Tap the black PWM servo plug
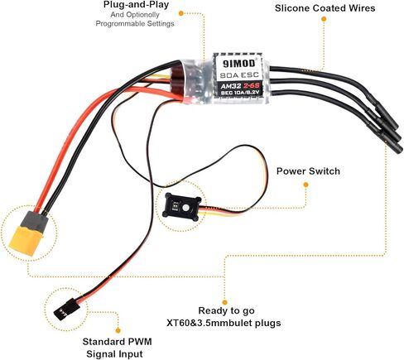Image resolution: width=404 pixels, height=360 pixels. [x=66, y=310]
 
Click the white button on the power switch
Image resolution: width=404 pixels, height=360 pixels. [x=186, y=208]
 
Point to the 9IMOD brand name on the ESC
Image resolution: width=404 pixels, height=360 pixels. [x=239, y=63]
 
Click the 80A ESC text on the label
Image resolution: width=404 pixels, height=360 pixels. [x=239, y=75]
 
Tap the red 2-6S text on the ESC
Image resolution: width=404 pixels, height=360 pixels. [x=250, y=85]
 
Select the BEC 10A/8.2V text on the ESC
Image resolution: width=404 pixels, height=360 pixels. [x=240, y=93]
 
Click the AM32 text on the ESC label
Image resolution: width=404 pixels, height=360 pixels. [x=229, y=86]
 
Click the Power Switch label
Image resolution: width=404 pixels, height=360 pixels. [x=308, y=171]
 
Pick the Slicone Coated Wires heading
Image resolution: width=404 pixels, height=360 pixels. [x=325, y=8]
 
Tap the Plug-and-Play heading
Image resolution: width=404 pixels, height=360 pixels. [x=136, y=5]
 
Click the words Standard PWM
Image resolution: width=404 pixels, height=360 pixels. [x=117, y=342]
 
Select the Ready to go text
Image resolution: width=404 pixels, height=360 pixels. [x=227, y=311]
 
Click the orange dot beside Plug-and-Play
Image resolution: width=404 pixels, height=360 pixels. [x=181, y=13]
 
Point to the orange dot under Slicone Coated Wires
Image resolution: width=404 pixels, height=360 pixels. [x=324, y=19]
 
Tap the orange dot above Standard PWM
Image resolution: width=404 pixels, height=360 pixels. [x=118, y=330]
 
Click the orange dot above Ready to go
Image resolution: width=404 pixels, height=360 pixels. [x=224, y=302]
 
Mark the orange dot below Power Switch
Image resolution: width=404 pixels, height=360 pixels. [x=305, y=185]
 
